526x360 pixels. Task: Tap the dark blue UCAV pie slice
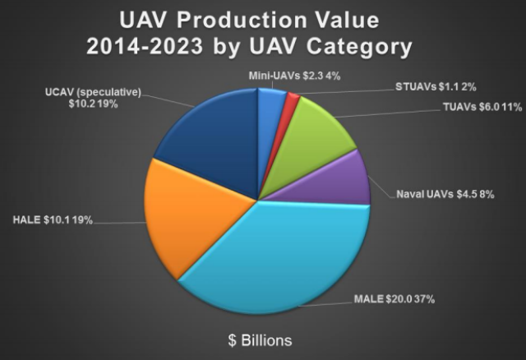coord(210,132)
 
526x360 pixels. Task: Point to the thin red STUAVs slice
coord(292,100)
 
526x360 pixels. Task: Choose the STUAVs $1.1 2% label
coord(432,86)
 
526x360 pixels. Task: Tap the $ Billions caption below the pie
coord(261,339)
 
